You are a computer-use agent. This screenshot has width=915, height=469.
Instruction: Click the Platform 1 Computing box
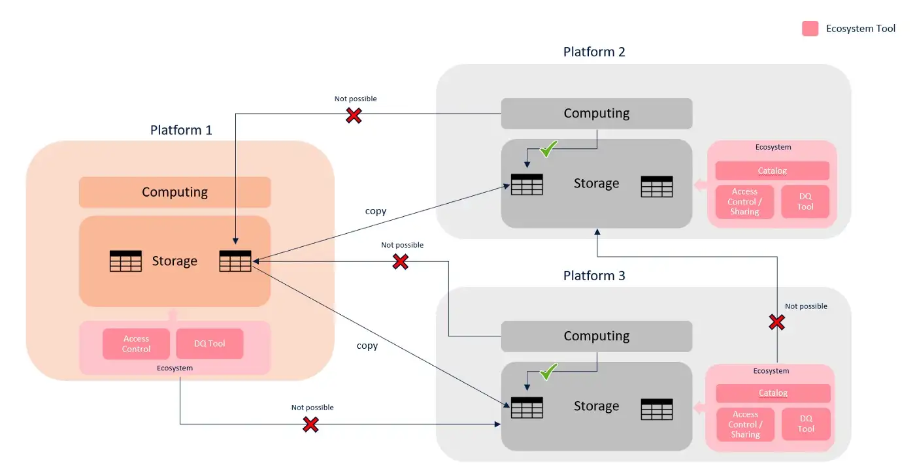click(x=175, y=192)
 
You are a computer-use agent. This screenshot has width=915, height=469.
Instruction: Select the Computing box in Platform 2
click(x=596, y=113)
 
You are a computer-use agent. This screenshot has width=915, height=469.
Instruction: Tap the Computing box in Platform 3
click(x=596, y=336)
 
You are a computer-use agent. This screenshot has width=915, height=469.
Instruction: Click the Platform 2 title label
click(x=594, y=52)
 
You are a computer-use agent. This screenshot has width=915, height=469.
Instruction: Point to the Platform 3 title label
click(x=594, y=276)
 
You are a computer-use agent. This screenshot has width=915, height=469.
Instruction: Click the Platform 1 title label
click(x=181, y=130)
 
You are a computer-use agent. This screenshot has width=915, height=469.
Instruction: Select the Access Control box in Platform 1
click(x=136, y=344)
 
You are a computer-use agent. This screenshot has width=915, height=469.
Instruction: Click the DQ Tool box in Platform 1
click(x=210, y=344)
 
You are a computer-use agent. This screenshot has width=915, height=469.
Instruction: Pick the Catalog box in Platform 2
click(x=772, y=170)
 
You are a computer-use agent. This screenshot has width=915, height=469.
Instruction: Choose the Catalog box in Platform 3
click(x=773, y=393)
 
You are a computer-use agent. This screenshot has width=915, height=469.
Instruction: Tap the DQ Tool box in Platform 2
click(x=805, y=202)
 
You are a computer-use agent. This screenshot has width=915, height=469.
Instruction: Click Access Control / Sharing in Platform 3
click(x=745, y=425)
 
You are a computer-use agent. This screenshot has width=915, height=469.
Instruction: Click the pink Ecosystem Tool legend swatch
click(x=810, y=29)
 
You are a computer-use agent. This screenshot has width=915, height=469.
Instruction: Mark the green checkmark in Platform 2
click(x=548, y=149)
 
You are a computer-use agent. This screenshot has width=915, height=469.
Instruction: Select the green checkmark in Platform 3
click(x=548, y=372)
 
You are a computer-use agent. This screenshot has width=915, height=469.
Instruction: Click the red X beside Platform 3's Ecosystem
click(x=776, y=322)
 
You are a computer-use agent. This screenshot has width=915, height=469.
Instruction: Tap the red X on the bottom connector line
click(x=310, y=425)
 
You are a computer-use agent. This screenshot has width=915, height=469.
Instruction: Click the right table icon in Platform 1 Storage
click(x=235, y=261)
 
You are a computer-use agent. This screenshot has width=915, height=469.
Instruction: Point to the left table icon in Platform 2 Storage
click(x=527, y=184)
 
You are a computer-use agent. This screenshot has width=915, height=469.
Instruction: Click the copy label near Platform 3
click(x=367, y=346)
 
